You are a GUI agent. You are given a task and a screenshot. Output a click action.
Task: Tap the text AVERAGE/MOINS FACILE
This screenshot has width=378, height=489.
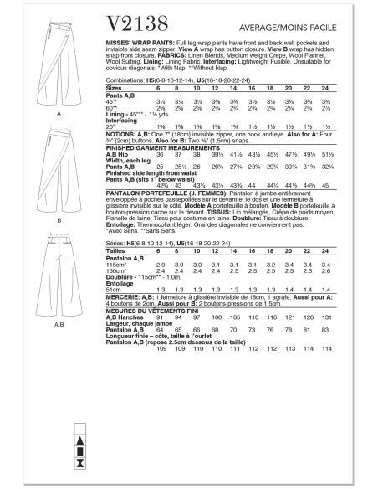(x=323, y=20)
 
